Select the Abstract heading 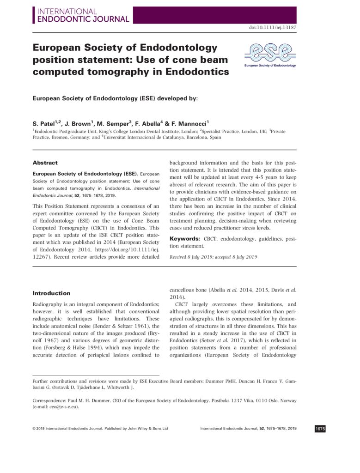(45, 163)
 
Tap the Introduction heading (51, 293)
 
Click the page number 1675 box (320, 429)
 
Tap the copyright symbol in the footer (34, 429)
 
